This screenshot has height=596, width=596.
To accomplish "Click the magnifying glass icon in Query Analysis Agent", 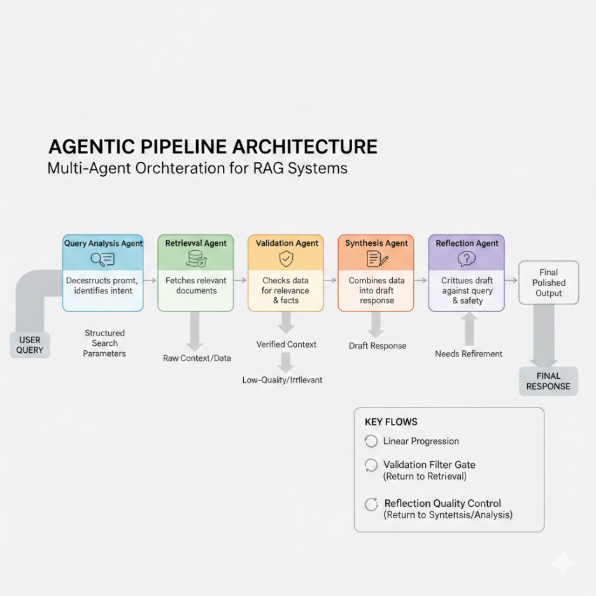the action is [x=103, y=259].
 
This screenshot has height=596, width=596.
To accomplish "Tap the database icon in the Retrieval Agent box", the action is [x=195, y=259].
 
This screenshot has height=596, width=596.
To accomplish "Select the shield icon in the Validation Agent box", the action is [x=286, y=259].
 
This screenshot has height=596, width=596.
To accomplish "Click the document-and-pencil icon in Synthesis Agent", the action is [x=376, y=259].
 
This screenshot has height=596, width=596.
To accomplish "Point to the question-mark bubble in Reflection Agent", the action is [x=467, y=259].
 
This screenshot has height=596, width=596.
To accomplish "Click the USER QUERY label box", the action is [x=30, y=344].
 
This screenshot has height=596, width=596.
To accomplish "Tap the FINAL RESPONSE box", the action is [x=548, y=381].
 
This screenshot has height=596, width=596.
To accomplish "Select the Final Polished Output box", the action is [x=548, y=283].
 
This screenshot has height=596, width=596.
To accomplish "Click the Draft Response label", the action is [x=378, y=346].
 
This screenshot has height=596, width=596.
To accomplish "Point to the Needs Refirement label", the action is [x=469, y=353].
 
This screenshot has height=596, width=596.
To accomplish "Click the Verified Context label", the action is [x=287, y=344].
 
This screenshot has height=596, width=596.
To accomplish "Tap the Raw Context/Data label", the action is [x=197, y=358].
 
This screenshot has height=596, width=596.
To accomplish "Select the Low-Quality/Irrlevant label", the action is [x=282, y=380].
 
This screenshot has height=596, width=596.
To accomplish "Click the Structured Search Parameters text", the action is [x=104, y=343].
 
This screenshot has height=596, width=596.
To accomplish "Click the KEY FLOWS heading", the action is [x=391, y=422].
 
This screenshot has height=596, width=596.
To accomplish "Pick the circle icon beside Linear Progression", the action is [x=371, y=441].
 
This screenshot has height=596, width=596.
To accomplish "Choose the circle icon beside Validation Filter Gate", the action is [x=371, y=465].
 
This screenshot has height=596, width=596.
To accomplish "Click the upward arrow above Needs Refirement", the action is [x=469, y=328].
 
